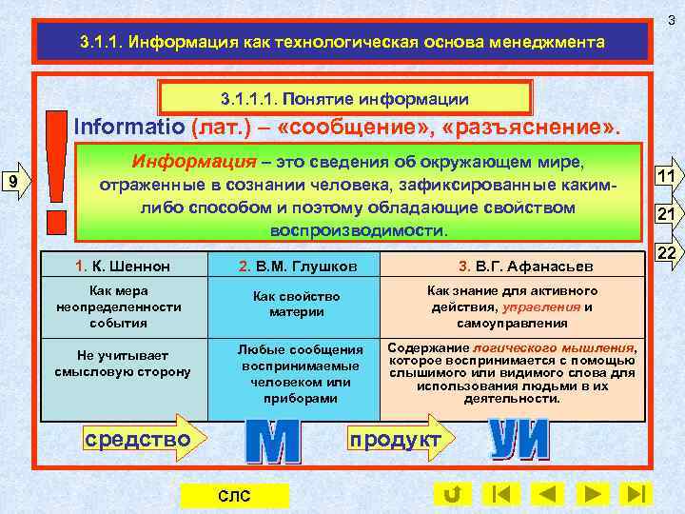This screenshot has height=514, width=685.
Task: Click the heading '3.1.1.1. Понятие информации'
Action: click(344, 98)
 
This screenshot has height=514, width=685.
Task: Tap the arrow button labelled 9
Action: click(16, 182)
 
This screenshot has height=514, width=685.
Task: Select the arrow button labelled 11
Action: click(665, 176)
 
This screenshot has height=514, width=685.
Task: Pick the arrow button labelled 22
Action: click(665, 252)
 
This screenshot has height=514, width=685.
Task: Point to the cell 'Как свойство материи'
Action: click(296, 305)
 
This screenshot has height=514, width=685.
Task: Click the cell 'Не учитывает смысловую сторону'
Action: click(124, 364)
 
